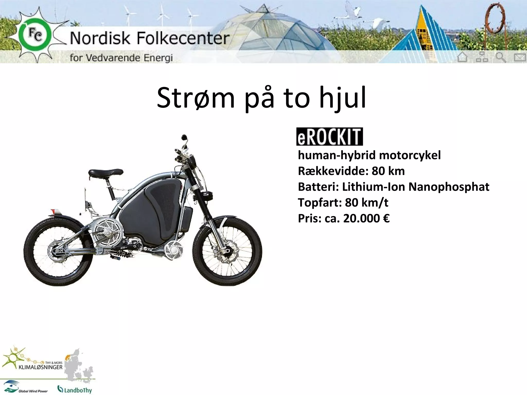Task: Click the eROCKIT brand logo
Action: pos(329,137)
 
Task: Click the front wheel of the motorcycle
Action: pos(227,251)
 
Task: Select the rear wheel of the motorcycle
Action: pos(59,251)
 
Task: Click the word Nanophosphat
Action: pos(449,187)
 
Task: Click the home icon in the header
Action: pos(462,57)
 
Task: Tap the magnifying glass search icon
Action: pos(501,57)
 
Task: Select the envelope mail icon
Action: pos(520,57)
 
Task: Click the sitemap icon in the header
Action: pos(482,57)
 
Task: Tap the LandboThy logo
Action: pos(75,389)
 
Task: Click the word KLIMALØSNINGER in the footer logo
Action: pos(41,367)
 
